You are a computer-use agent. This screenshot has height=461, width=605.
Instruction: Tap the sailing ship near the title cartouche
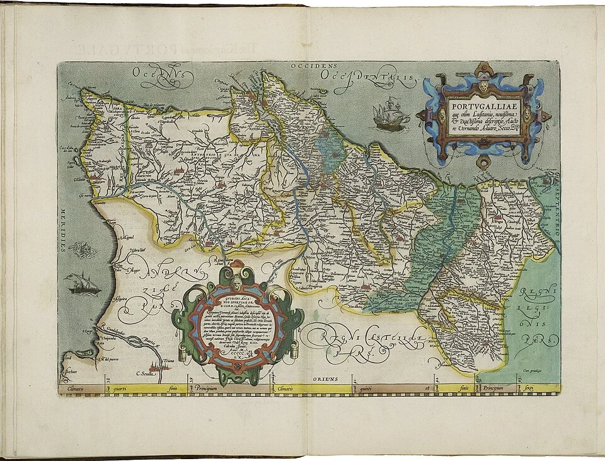point(388,115)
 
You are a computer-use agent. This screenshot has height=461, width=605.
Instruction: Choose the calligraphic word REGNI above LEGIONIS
point(535,293)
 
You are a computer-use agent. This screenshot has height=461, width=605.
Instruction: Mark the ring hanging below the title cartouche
point(484,165)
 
